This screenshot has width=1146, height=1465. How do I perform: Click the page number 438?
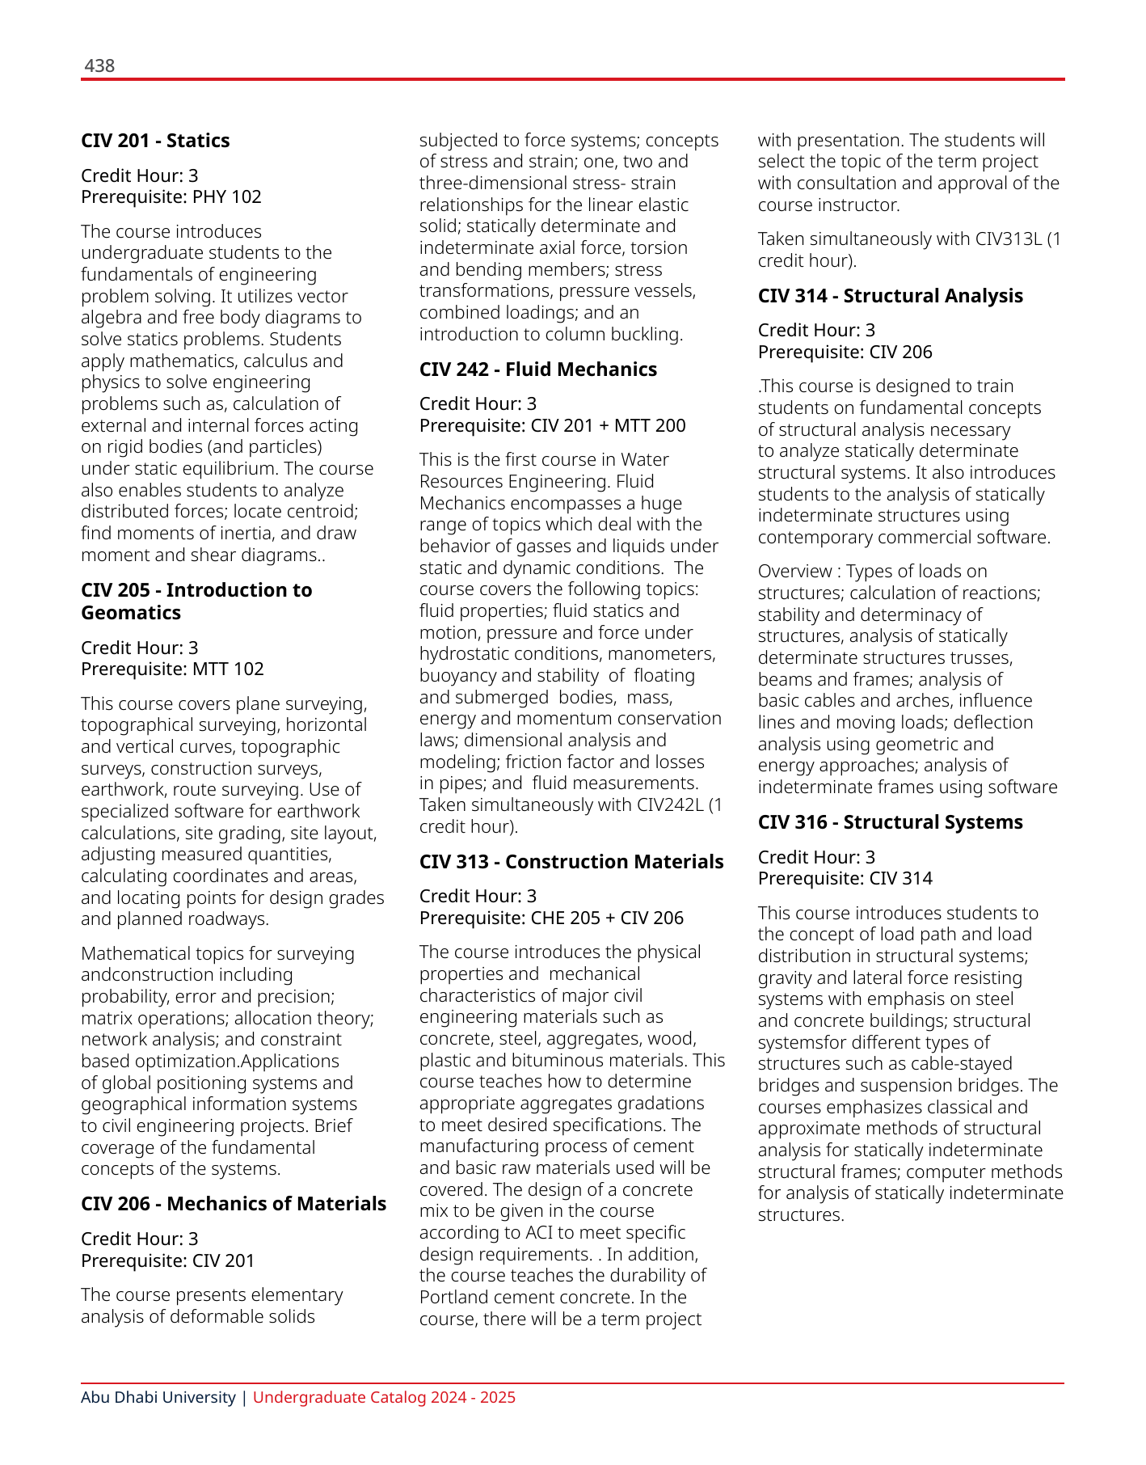pyautogui.click(x=99, y=66)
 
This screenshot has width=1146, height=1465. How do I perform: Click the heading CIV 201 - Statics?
pyautogui.click(x=155, y=141)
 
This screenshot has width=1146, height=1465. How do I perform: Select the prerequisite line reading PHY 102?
pyautogui.click(x=171, y=197)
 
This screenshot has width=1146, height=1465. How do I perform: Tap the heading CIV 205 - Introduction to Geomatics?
pyautogui.click(x=196, y=601)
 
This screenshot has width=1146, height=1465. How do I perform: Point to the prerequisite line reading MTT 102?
pyautogui.click(x=172, y=669)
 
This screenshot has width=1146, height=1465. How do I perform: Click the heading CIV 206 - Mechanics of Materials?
pyautogui.click(x=234, y=1204)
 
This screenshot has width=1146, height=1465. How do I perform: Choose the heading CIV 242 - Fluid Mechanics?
pyautogui.click(x=537, y=369)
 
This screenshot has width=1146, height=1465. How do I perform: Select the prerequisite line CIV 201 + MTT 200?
pyautogui.click(x=552, y=426)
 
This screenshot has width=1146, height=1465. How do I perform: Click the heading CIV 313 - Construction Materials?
pyautogui.click(x=571, y=862)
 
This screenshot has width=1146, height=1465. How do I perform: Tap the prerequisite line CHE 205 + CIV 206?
pyautogui.click(x=551, y=918)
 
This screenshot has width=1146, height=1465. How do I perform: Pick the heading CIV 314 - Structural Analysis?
pyautogui.click(x=890, y=296)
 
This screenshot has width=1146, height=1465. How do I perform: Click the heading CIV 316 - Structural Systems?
pyautogui.click(x=890, y=822)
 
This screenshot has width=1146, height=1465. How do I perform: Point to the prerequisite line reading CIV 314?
pyautogui.click(x=845, y=879)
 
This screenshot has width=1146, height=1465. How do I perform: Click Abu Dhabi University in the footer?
pyautogui.click(x=158, y=1398)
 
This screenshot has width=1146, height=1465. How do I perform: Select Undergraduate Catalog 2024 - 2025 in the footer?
pyautogui.click(x=384, y=1398)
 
